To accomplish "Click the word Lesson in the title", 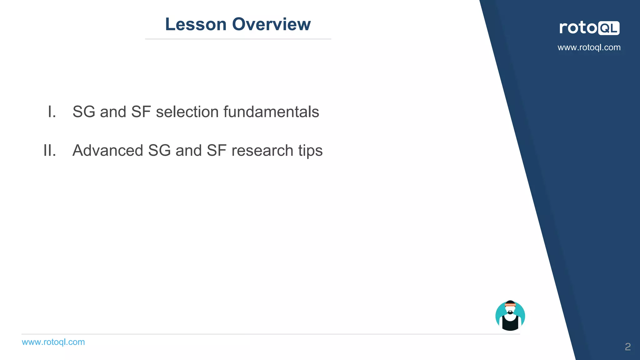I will tap(196, 24).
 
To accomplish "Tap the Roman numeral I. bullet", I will tap(52, 112).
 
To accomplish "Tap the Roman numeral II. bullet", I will tap(50, 151).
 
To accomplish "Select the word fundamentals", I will tap(271, 112).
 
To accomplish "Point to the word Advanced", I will tap(108, 151).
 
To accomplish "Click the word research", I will tap(262, 151).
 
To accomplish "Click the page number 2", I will tap(627, 347).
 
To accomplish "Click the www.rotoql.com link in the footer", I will tap(53, 342).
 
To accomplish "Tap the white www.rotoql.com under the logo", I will tap(589, 47).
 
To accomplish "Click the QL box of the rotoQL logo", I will tap(608, 28).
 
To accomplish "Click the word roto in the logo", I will tap(578, 28).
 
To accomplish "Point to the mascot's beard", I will tap(510, 312).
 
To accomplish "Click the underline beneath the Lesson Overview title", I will tap(238, 39).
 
